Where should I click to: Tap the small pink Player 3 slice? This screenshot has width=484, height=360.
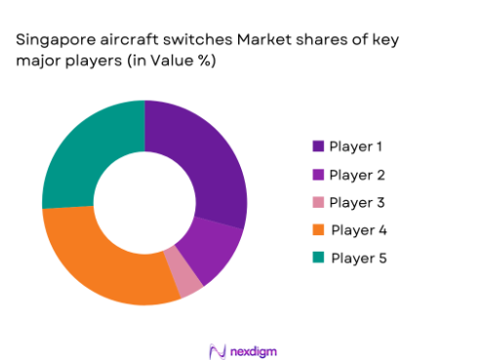185,278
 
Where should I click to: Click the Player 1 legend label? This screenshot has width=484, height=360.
355,146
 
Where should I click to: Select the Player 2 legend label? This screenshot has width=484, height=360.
356,175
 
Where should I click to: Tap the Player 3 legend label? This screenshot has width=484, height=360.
356,202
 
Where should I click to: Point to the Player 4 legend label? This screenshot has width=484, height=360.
356,230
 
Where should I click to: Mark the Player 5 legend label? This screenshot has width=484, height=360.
356,258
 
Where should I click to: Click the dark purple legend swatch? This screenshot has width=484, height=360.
318,146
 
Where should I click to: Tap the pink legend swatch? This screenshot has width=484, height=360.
318,202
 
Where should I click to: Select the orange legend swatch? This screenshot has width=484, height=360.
318,230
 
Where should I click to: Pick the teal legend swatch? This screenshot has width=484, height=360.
318,258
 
